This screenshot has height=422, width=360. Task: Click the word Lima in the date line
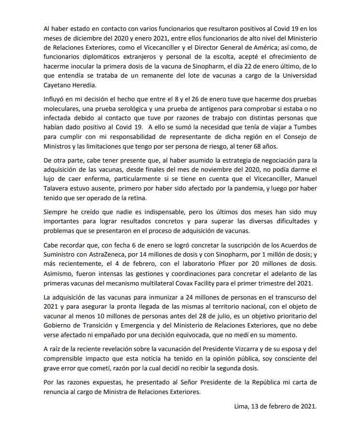coord(239,406)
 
